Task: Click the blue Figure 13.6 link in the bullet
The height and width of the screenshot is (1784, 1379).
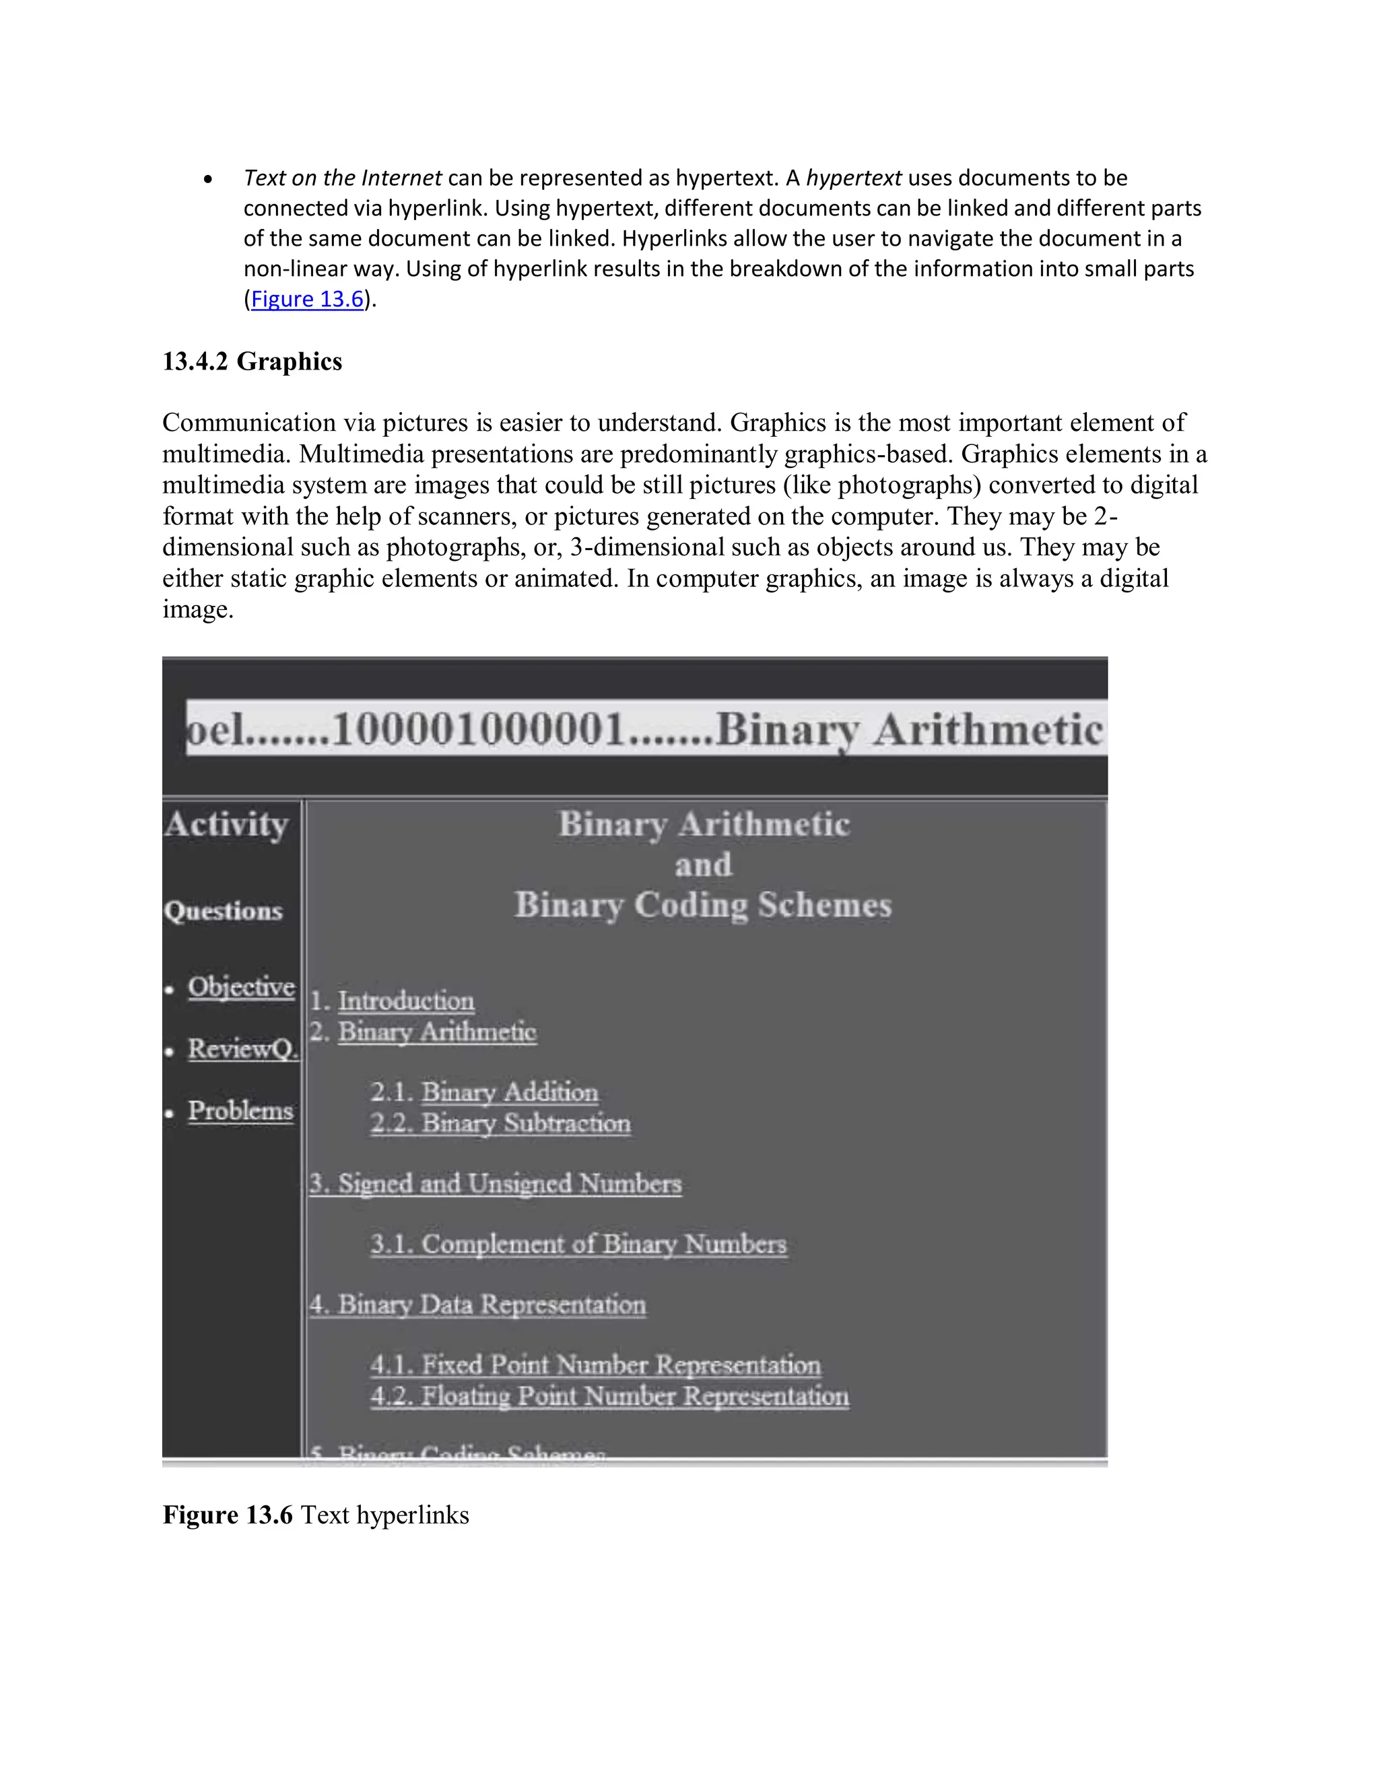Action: tap(306, 300)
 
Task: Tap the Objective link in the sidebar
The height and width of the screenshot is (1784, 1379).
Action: tap(241, 987)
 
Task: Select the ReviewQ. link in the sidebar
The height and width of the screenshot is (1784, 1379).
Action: tap(242, 1049)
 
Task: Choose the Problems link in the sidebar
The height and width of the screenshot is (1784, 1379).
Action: tap(240, 1111)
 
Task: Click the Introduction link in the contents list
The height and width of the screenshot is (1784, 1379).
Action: tap(406, 1002)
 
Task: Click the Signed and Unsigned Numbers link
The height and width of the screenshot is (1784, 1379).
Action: tap(495, 1184)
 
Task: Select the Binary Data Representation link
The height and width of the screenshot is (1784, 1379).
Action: tap(478, 1305)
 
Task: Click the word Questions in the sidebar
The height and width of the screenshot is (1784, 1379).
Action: tap(223, 911)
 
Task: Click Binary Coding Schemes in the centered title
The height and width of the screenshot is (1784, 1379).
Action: tap(702, 905)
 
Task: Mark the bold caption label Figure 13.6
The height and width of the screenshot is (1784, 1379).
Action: tap(227, 1515)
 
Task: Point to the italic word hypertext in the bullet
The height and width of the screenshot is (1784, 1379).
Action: tap(854, 178)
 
